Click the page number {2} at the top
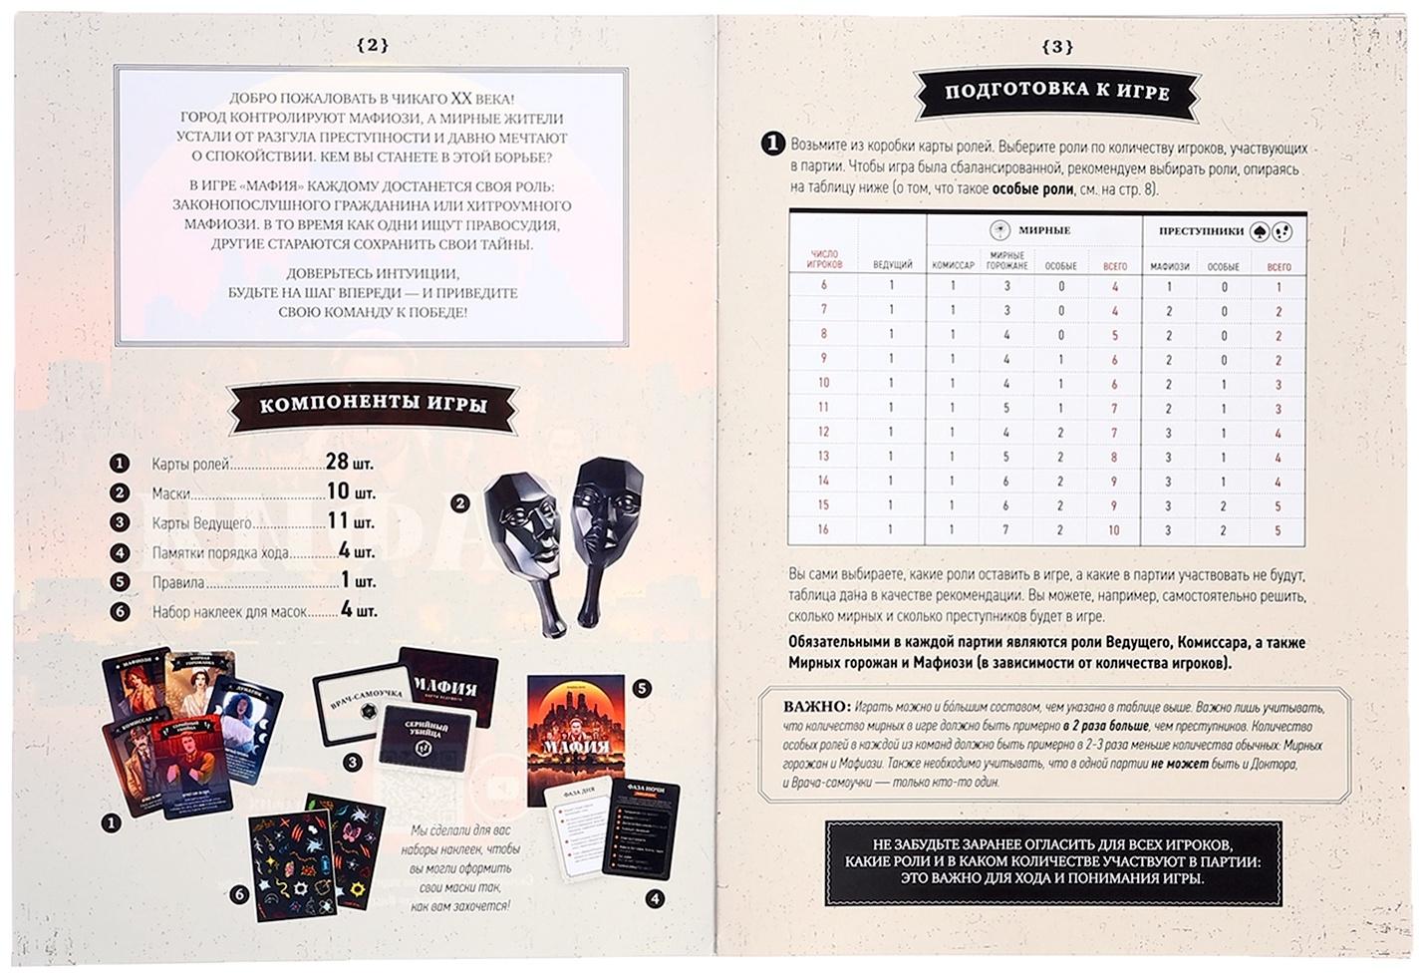(371, 45)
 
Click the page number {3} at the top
(1056, 46)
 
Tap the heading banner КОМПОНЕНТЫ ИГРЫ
(373, 405)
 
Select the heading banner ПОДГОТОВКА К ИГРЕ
(1056, 91)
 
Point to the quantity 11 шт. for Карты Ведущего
(350, 521)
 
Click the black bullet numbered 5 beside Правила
(121, 582)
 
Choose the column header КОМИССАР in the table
(953, 266)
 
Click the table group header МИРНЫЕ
(1043, 230)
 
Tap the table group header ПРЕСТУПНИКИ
(1201, 230)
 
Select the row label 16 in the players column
(823, 530)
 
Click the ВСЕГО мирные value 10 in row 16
(1114, 530)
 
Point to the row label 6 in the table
(823, 286)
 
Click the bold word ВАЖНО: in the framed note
(817, 707)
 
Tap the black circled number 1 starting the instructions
(772, 146)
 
